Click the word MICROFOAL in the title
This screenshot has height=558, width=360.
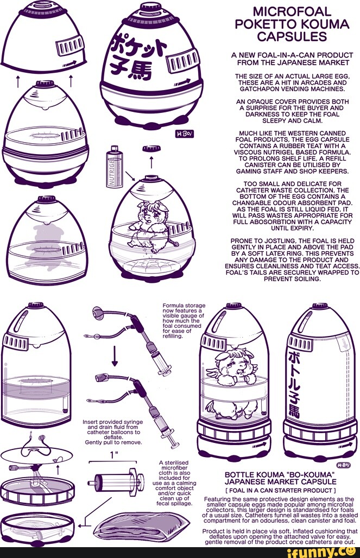coord(292,12)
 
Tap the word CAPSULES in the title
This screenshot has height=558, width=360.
coord(292,36)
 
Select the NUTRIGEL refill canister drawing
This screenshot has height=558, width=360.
coord(115,167)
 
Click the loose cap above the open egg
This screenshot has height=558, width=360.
coord(151,148)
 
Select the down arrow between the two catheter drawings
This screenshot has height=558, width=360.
coord(115,356)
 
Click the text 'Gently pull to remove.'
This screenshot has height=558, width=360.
coord(113,442)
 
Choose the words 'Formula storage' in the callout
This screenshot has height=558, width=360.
coord(184,306)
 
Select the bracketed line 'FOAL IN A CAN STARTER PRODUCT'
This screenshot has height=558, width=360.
coord(281,490)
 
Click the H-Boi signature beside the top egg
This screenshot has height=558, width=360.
coord(184,134)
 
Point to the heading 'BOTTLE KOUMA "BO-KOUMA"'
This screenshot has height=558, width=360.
coord(280,475)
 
